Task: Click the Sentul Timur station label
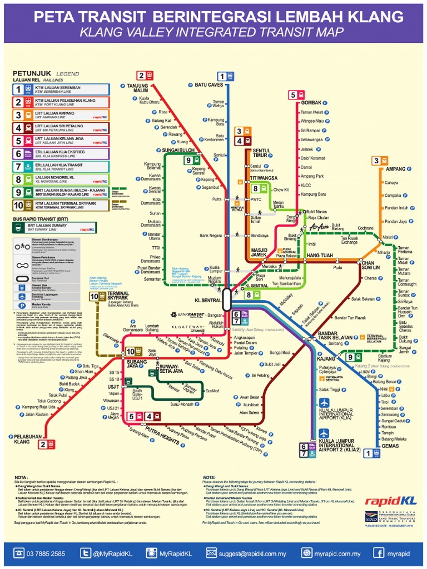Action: tap(261, 153)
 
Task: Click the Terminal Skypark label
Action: tap(118, 296)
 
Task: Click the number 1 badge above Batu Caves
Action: tap(222, 76)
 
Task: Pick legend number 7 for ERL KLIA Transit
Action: tap(19, 166)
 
